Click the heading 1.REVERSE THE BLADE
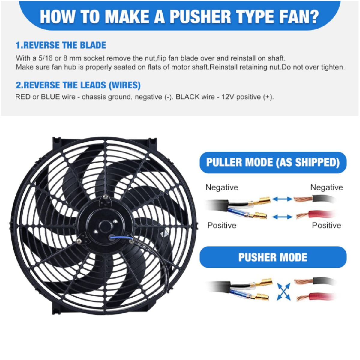[61, 45]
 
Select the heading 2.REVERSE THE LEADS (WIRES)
[78, 85]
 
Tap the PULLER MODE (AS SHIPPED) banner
[273, 162]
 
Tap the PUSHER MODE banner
[273, 257]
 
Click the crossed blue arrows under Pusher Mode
[284, 291]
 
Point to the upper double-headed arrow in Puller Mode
[282, 199]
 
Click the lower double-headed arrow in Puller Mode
[282, 217]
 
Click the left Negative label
[222, 187]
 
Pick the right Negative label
[327, 187]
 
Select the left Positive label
[222, 225]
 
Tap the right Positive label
[327, 225]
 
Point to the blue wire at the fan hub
[121, 238]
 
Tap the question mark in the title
[313, 17]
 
